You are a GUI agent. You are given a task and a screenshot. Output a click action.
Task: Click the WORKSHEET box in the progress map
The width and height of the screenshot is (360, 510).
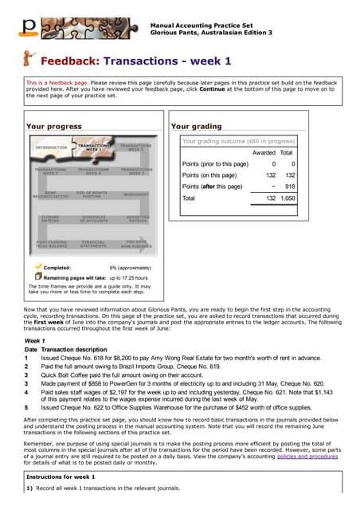point(137,194)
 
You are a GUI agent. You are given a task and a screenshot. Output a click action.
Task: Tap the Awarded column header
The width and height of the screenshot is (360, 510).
point(264,152)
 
